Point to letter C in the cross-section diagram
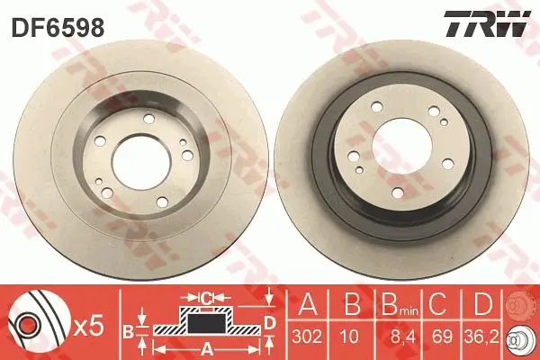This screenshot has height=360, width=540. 206,296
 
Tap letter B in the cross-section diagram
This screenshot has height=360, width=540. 128,331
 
